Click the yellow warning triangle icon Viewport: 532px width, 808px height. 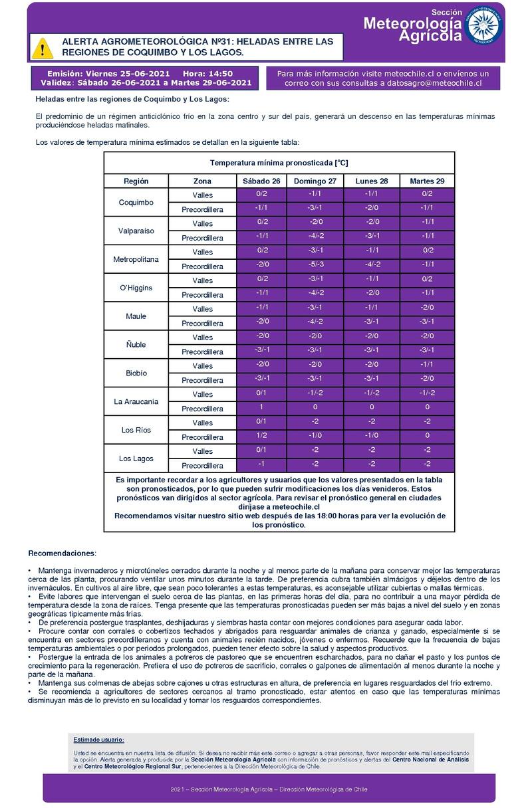coord(43,47)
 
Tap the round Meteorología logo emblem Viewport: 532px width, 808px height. coord(483,26)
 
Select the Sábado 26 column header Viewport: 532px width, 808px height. coord(261,181)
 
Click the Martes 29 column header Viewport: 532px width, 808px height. coord(427,181)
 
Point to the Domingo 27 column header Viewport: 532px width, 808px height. coord(315,181)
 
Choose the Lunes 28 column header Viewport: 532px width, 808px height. coord(371,181)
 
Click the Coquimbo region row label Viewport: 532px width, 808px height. coord(136,202)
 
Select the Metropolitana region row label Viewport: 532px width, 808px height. coord(136,259)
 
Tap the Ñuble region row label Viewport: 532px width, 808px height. coord(136,344)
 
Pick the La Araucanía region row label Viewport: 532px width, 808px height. coord(136,401)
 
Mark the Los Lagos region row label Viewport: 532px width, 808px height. coord(136,458)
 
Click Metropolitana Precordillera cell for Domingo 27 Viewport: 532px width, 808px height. coord(315,266)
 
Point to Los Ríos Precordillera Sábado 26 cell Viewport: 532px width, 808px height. coord(261,437)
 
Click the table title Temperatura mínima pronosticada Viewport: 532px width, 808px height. coord(279,163)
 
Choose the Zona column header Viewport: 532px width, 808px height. coord(202,181)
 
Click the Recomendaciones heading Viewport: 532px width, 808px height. coord(62,554)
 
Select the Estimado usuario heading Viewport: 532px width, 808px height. coord(98,740)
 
